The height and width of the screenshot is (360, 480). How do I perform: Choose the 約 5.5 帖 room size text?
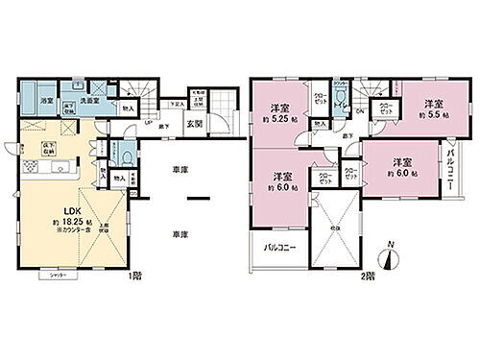433,115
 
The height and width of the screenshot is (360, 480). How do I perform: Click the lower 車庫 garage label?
179,233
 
